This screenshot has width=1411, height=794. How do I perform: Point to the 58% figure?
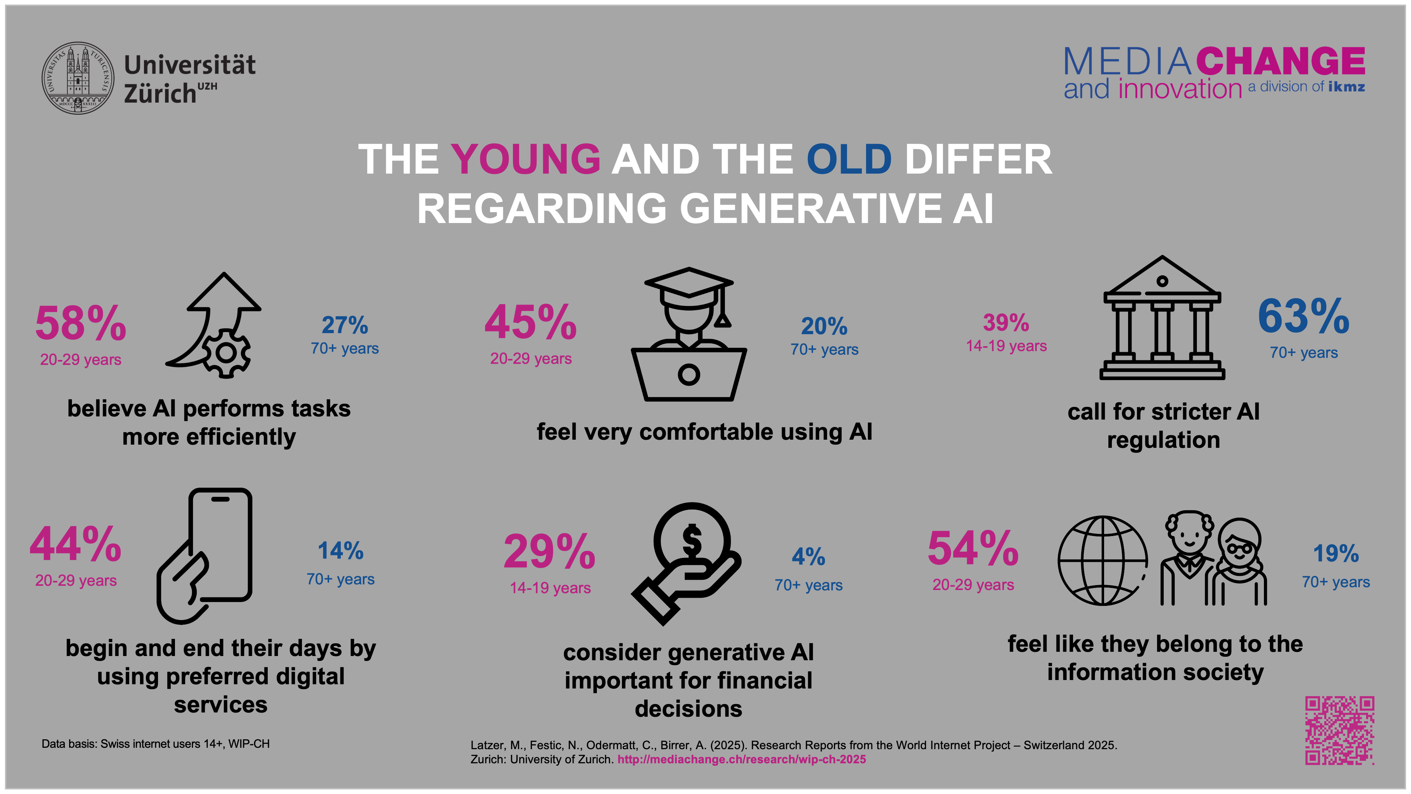pos(80,323)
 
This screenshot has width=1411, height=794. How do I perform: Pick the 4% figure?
pos(808,557)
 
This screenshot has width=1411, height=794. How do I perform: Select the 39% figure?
pos(1006,323)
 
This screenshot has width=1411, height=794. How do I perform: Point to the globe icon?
pos(1102,560)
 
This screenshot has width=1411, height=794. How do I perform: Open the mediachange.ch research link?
pos(741,759)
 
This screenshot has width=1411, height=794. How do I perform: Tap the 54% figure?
pos(973,548)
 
